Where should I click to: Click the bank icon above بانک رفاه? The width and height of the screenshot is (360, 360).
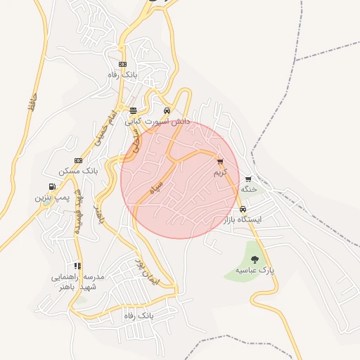124,65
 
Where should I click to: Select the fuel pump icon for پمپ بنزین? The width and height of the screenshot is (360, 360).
52,187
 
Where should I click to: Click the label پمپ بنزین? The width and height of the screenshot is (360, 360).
53,198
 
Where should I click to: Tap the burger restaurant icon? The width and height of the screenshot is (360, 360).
134,110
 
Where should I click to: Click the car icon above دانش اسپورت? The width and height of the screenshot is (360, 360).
167,110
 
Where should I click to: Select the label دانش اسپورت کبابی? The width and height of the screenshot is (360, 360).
157,121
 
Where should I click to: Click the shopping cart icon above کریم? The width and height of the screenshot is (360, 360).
220,161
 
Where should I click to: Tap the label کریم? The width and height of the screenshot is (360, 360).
221,172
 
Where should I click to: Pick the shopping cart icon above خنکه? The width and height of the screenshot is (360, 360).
248,179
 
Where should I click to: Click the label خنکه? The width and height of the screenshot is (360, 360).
248,189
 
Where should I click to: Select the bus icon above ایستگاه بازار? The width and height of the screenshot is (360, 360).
242,209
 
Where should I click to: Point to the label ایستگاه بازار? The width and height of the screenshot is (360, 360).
242,219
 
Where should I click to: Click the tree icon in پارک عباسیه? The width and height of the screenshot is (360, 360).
255,259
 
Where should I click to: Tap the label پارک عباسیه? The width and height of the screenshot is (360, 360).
255,270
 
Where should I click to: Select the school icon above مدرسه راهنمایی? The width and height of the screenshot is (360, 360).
77,266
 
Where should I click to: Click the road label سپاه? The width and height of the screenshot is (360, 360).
156,188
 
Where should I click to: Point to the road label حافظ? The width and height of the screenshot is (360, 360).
32,104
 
